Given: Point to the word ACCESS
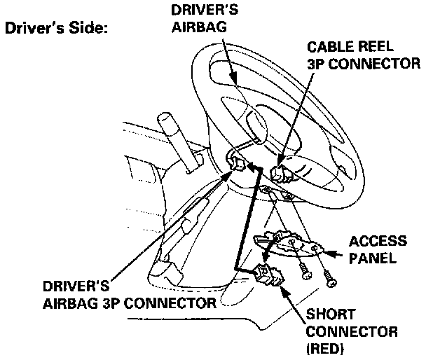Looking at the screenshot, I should click(x=378, y=242).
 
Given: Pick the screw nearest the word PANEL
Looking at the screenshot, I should click(x=330, y=277).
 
